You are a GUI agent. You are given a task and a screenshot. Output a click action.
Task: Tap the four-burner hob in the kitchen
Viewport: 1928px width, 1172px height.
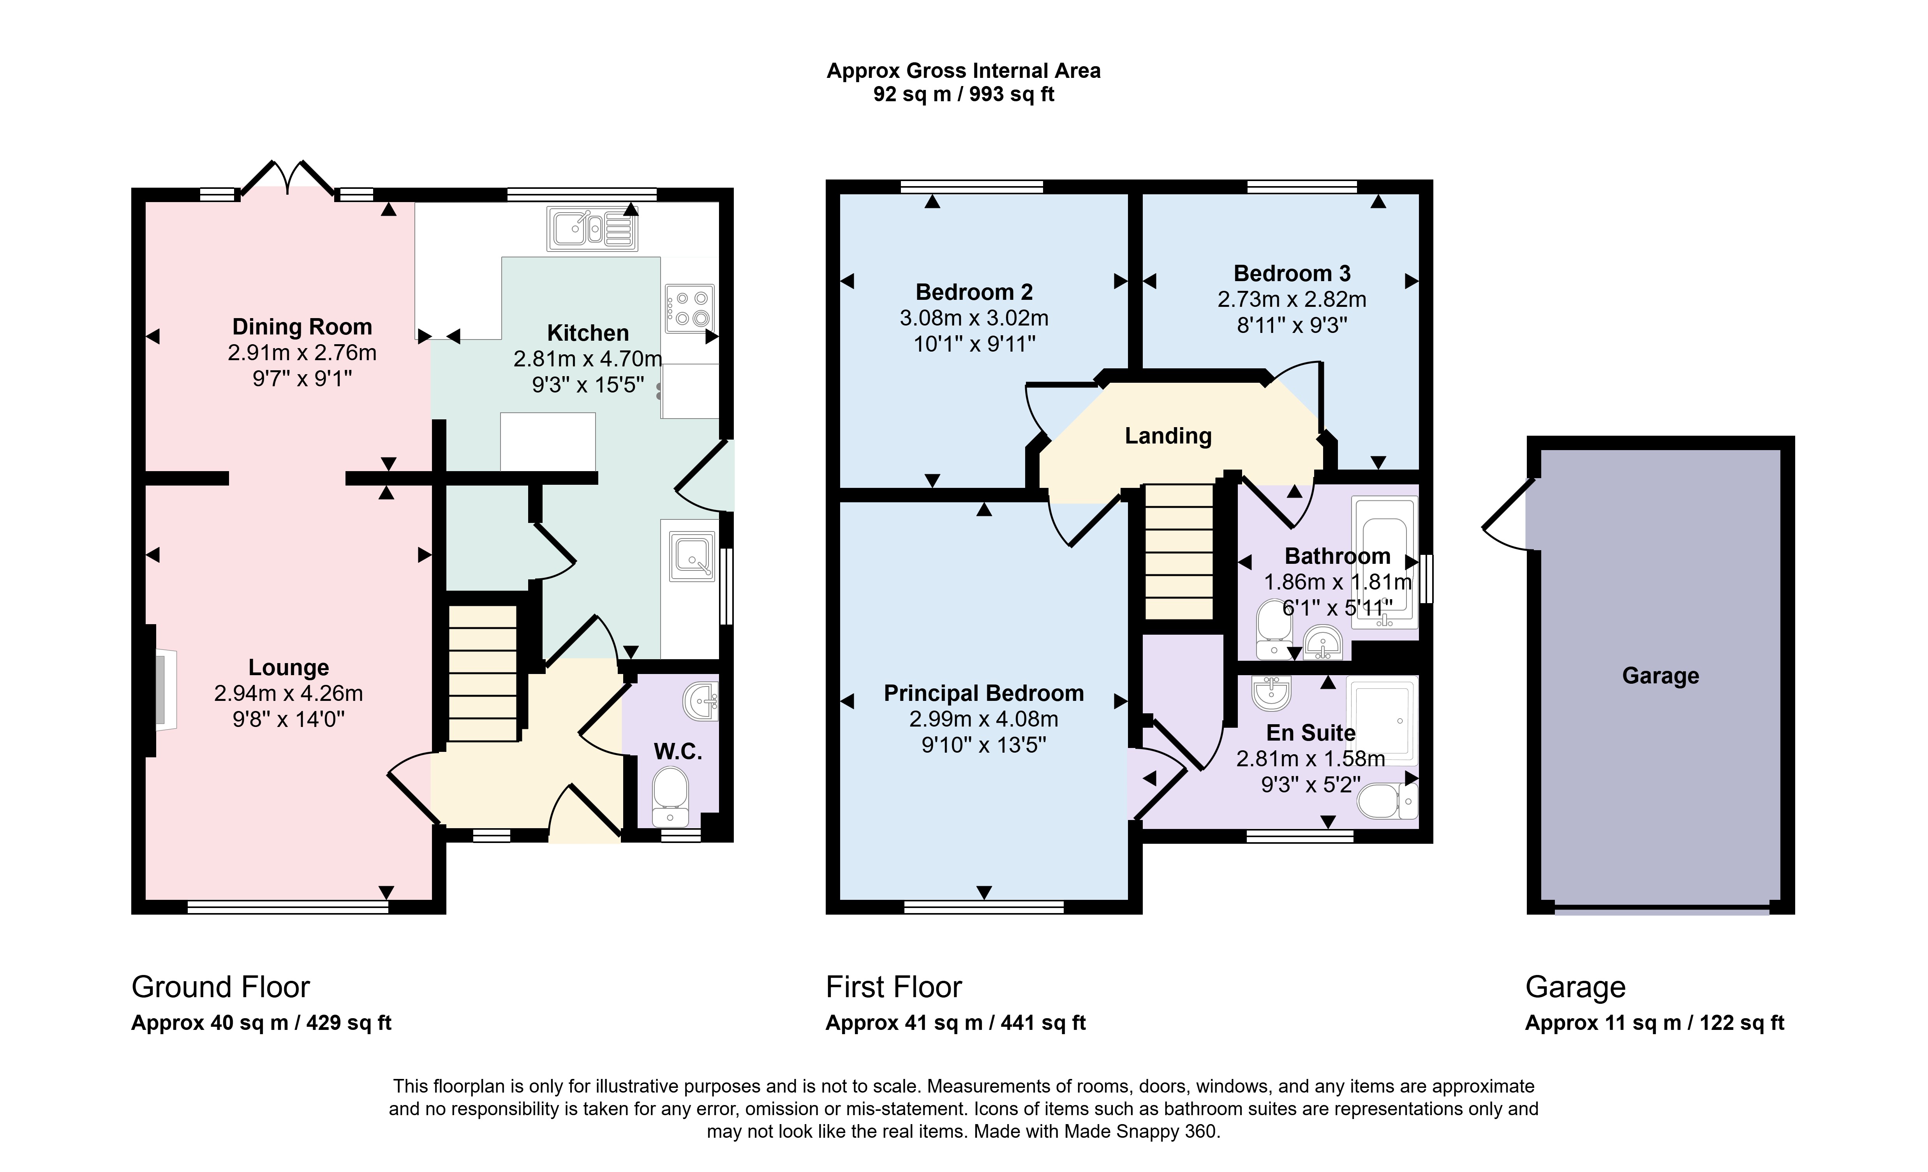tap(689, 308)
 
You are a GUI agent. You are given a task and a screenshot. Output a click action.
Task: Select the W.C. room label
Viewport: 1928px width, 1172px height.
tap(678, 752)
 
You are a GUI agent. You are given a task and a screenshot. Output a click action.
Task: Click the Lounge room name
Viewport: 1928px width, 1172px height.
tap(289, 667)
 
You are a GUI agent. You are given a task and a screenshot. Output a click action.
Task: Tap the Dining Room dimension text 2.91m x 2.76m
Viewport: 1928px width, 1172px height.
tap(302, 353)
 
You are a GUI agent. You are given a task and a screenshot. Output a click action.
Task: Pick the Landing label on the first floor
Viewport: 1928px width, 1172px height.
tap(1168, 436)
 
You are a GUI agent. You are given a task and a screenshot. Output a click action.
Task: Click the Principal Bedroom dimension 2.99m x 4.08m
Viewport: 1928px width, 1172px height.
tap(983, 719)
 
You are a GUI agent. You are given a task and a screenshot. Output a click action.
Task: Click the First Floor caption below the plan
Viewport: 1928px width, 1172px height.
tap(894, 987)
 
